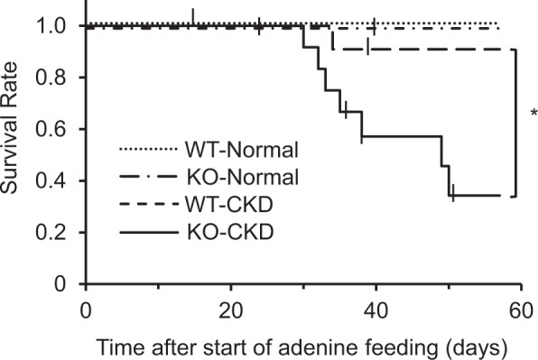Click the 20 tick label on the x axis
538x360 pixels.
coord(230,308)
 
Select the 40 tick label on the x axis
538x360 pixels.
coord(376,308)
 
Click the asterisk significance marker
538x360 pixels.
coord(533,114)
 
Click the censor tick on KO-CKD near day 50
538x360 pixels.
coord(453,190)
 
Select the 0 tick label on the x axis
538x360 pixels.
coord(85,308)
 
